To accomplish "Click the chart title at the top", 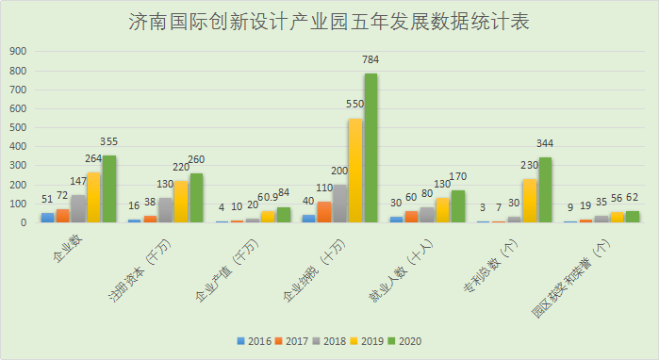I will pos(329,22).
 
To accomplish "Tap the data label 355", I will pos(108,142).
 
